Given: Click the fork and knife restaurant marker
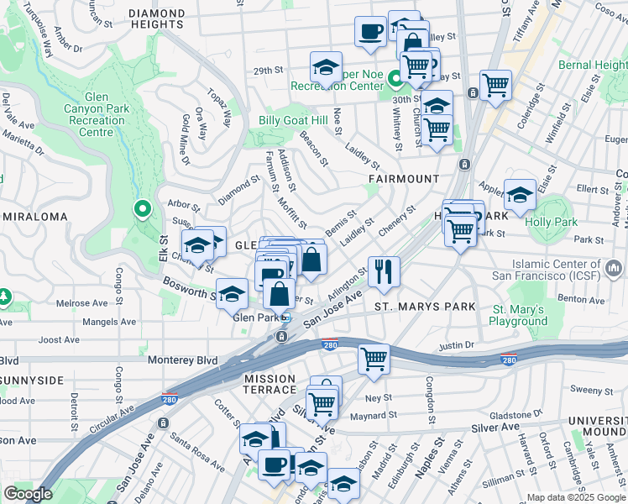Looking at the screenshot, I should pyautogui.click(x=384, y=271).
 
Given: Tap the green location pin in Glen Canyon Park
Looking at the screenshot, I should pyautogui.click(x=143, y=209).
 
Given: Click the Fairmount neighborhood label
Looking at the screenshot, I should pyautogui.click(x=404, y=180).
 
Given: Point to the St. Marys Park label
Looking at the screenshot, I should pyautogui.click(x=425, y=307).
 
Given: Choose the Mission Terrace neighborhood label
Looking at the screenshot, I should pyautogui.click(x=270, y=384).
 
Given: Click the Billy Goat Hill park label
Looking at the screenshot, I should pyautogui.click(x=292, y=122).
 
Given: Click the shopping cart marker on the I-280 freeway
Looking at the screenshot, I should pyautogui.click(x=373, y=359).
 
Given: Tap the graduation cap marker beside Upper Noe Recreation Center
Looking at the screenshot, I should pyautogui.click(x=326, y=66).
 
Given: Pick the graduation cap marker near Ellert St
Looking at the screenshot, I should pyautogui.click(x=520, y=196).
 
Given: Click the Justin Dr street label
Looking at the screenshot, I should pyautogui.click(x=457, y=345).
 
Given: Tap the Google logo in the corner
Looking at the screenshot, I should pyautogui.click(x=29, y=494).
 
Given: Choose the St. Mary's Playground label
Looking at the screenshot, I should pyautogui.click(x=519, y=316).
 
